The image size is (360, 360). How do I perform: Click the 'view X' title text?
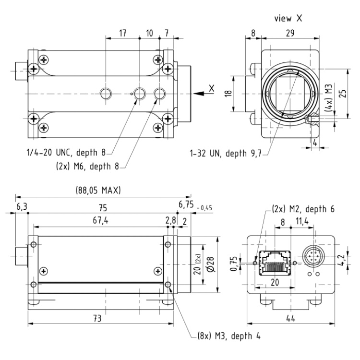click(288, 18)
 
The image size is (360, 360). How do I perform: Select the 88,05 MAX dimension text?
click(98, 191)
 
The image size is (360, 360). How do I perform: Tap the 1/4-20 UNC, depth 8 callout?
click(66, 153)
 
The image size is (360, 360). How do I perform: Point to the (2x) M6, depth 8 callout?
click(87, 166)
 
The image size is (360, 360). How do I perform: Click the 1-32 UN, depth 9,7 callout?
click(226, 153)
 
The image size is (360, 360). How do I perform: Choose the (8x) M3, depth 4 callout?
click(229, 336)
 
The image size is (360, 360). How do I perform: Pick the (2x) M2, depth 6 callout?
click(303, 209)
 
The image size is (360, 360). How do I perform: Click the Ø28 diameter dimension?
click(211, 264)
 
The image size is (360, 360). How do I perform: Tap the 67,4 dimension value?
click(101, 220)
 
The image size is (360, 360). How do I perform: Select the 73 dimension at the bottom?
click(97, 319)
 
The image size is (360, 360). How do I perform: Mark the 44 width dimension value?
click(291, 319)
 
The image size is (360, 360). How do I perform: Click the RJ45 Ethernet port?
click(275, 263)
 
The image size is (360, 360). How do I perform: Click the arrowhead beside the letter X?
click(199, 94)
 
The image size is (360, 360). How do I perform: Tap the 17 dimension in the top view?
click(123, 33)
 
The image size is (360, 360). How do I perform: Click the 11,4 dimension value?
click(302, 221)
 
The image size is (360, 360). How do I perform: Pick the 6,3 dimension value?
click(22, 206)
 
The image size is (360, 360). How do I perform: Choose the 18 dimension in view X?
click(228, 94)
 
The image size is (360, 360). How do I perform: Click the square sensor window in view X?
click(290, 94)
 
